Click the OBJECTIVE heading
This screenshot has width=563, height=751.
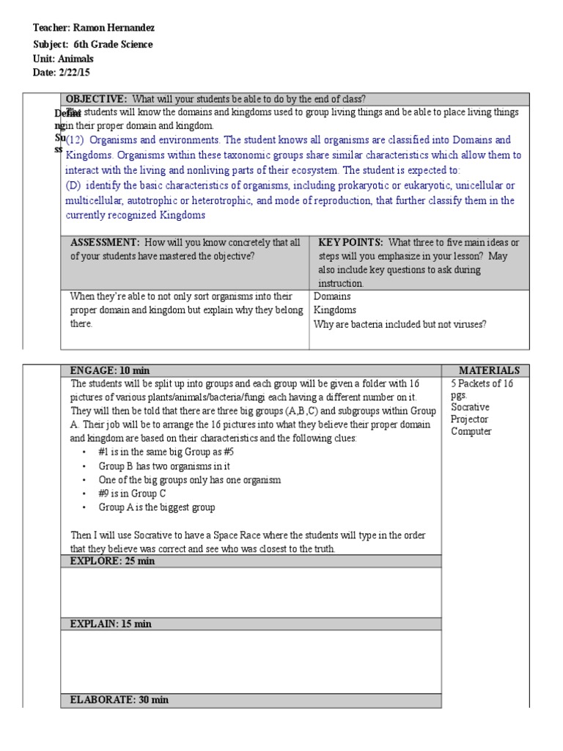(97, 99)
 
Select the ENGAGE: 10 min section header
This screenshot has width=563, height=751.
(110, 370)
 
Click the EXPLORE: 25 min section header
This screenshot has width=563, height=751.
(112, 561)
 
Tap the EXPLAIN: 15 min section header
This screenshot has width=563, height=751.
(111, 623)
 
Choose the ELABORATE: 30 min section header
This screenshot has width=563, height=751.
(119, 700)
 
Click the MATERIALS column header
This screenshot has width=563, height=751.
(489, 370)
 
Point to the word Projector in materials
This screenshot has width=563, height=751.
(470, 419)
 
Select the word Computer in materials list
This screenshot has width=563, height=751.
(471, 431)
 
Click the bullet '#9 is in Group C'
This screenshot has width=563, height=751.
(138, 494)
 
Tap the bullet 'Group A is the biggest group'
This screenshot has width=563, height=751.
(157, 507)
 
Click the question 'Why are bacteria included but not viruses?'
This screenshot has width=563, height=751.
(400, 324)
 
